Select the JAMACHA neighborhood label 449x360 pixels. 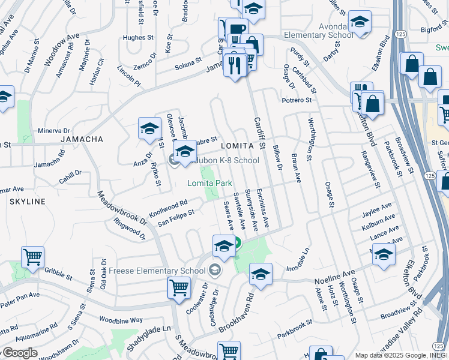coord(82,139)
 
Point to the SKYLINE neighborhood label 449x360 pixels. coord(27,202)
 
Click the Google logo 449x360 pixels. coord(20,352)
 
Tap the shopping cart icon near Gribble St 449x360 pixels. coord(32,257)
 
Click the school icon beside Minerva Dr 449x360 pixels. coord(149,128)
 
